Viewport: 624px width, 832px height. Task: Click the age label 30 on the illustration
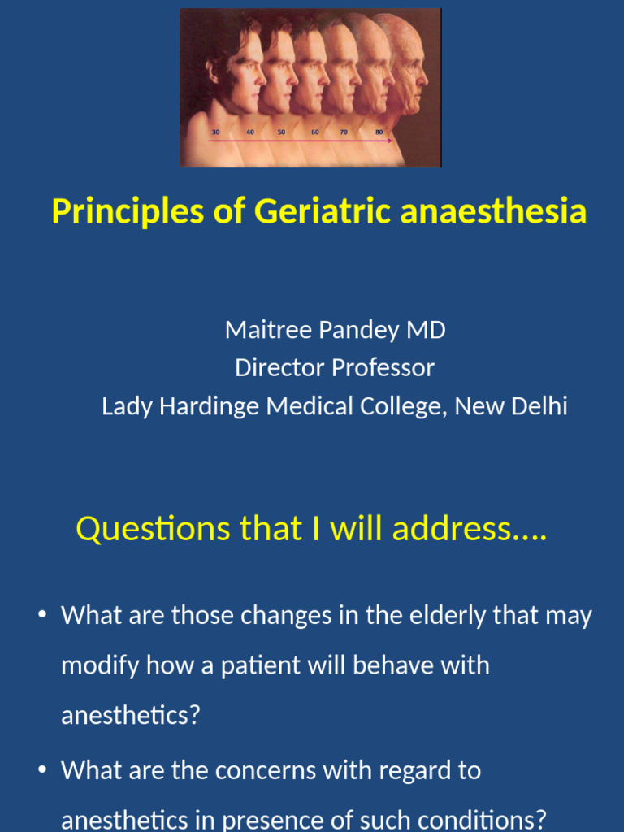215,132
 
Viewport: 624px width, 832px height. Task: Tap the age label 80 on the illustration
379,132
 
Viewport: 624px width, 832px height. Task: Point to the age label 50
281,132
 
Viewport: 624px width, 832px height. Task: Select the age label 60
314,132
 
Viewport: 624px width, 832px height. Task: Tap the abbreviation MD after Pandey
429,330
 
